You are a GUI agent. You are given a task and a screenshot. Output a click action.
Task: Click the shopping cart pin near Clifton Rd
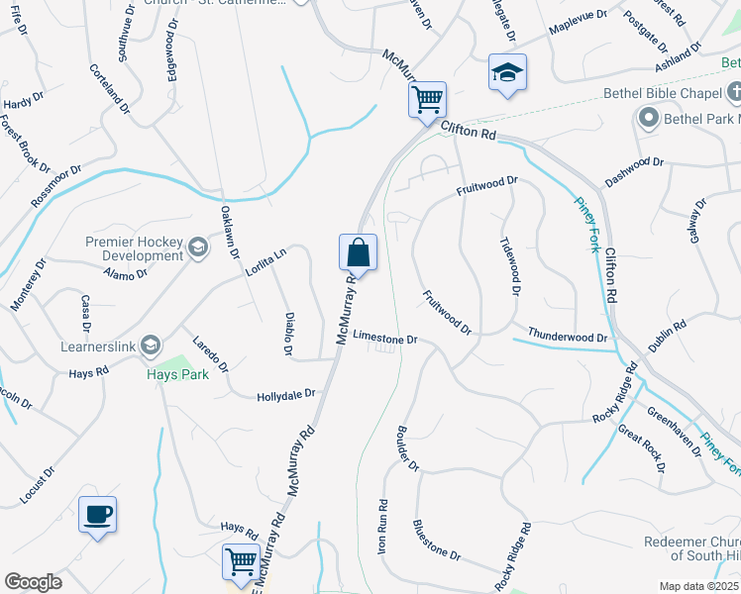(427, 99)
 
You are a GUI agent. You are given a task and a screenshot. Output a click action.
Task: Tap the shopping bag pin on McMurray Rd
(358, 253)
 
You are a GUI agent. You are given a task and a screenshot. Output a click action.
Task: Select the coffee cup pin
(97, 515)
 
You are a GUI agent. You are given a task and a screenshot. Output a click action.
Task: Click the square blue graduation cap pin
(507, 72)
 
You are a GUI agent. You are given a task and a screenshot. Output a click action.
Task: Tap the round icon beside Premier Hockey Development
(198, 247)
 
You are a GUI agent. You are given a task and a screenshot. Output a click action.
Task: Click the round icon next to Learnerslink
(151, 345)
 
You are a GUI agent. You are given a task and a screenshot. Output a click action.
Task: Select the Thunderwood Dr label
(567, 337)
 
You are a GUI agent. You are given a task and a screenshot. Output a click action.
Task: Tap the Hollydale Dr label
(285, 394)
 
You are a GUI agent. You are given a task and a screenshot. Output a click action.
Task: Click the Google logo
(33, 581)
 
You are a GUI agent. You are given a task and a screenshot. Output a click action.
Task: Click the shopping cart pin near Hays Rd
(241, 561)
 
